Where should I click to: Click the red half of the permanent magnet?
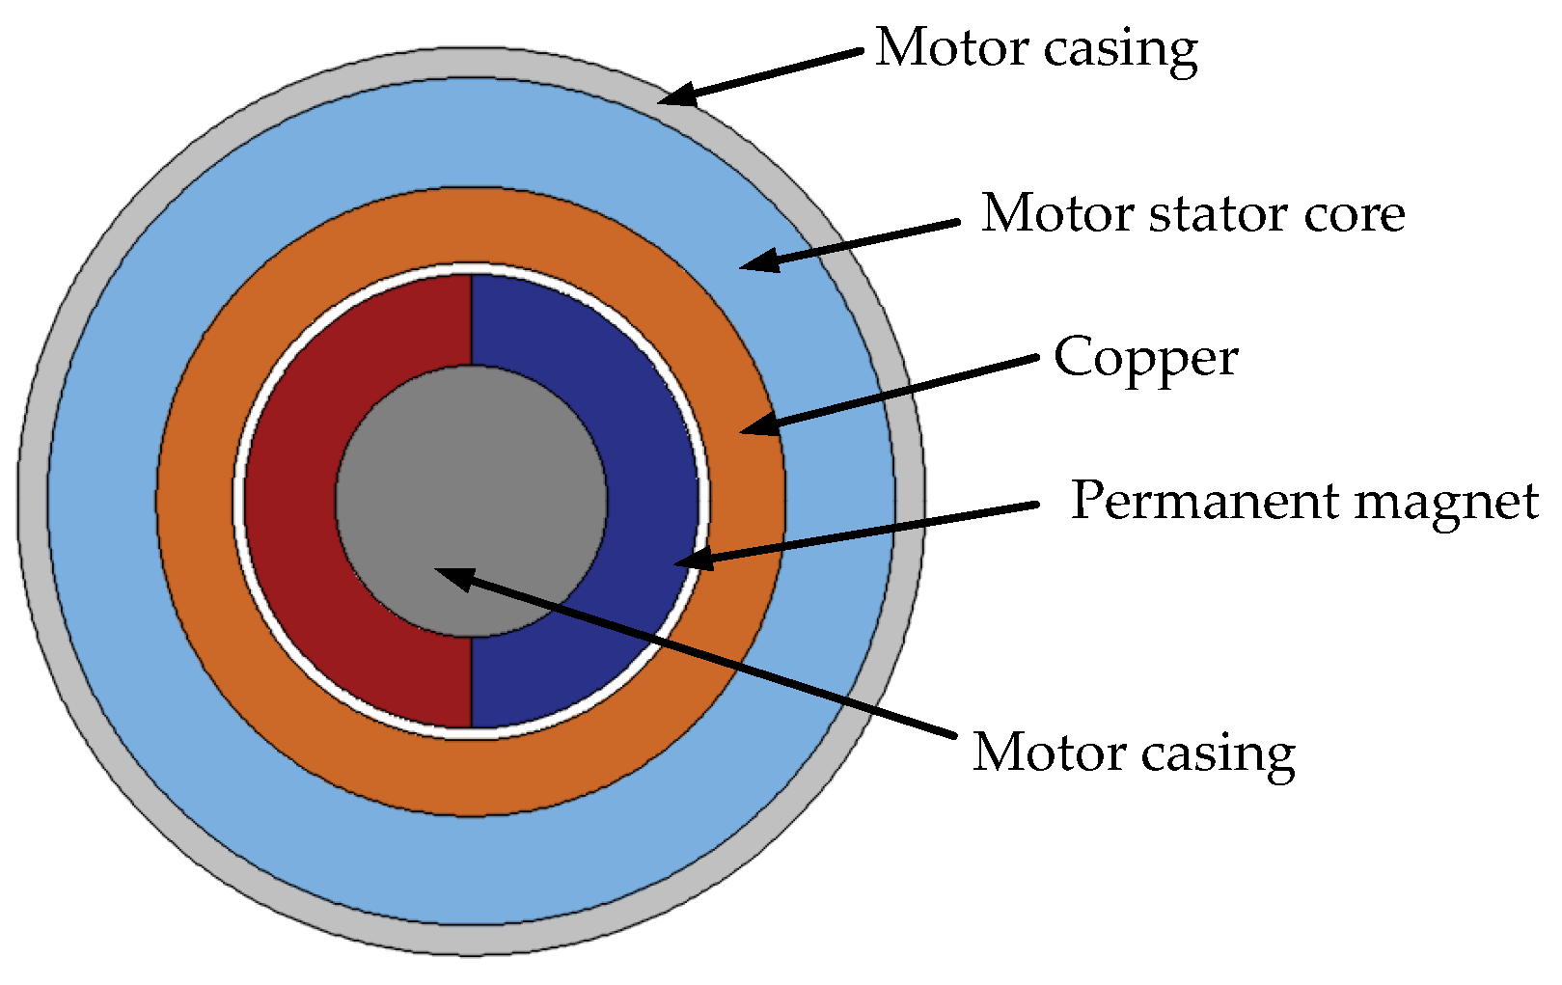point(289,502)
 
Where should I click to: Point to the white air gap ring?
point(238,502)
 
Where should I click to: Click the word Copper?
point(1145,359)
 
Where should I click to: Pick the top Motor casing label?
point(1036,48)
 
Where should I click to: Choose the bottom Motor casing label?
point(1134,753)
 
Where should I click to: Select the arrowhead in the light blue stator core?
point(758,260)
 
